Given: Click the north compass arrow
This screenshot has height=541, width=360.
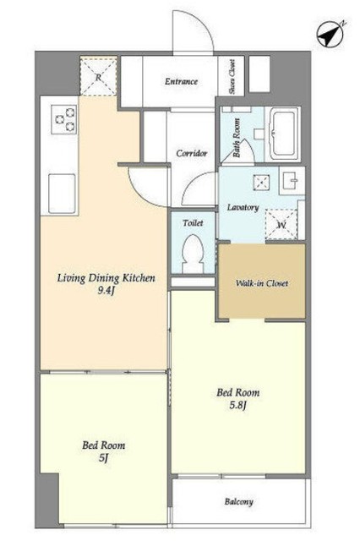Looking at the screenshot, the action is [x=330, y=34].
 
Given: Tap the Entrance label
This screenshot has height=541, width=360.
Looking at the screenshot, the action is [x=181, y=81].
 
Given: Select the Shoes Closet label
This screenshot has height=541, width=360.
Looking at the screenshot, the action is [x=232, y=77].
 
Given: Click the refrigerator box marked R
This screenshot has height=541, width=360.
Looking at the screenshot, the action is [x=99, y=77].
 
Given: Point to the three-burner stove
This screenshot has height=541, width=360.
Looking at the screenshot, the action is [x=64, y=119].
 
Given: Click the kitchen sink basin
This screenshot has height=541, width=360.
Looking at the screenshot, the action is [x=62, y=194].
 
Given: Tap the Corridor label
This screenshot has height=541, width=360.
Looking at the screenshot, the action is [x=192, y=153].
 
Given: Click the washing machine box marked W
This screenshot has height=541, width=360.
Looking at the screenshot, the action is [x=281, y=225].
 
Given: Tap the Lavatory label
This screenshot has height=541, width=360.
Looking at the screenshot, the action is [x=243, y=207].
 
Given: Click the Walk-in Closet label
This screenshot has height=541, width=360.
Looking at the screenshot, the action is [x=262, y=283].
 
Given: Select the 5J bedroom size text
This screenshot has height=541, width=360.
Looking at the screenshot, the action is [x=104, y=458].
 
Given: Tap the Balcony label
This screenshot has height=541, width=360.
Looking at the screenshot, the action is [x=239, y=501].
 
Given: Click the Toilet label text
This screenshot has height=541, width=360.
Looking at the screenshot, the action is [x=193, y=223].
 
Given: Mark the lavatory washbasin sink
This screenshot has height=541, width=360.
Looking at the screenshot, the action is [x=292, y=180].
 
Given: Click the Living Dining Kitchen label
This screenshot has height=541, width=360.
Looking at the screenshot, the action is [x=106, y=278].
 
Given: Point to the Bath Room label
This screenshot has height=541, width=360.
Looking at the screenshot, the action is [x=237, y=138].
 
